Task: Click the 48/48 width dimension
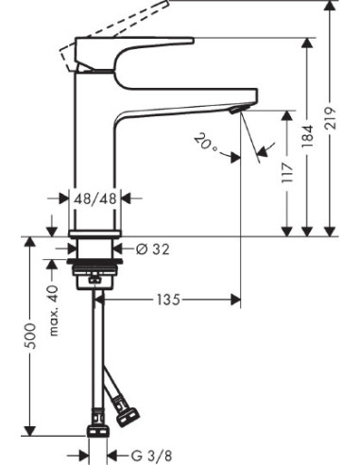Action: pyautogui.click(x=94, y=199)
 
